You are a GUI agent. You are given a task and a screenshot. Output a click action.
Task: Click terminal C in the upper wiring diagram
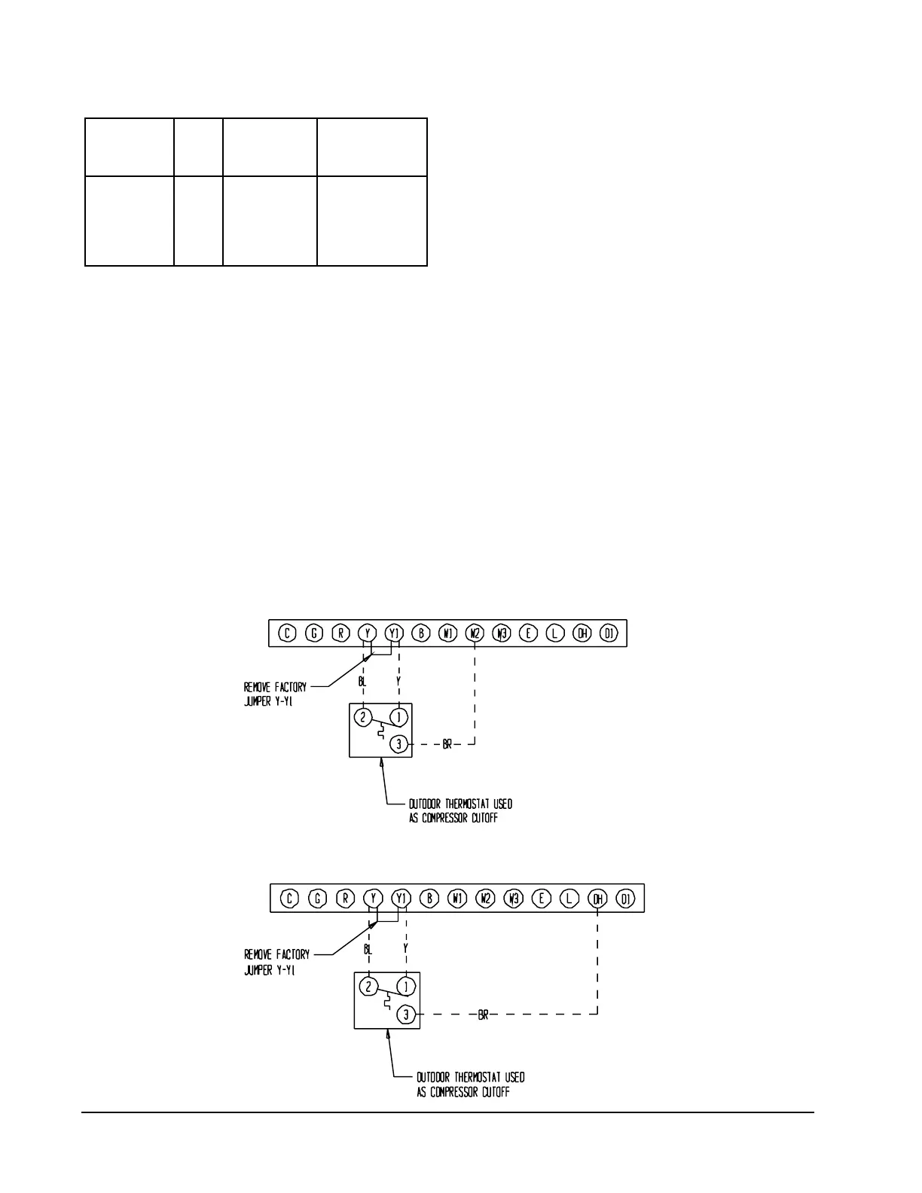[x=288, y=633]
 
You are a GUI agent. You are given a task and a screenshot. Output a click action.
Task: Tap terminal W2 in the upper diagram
[x=475, y=633]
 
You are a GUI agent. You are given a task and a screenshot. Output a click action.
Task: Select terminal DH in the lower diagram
[x=598, y=899]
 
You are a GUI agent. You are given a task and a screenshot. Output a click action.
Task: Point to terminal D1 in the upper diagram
[x=609, y=633]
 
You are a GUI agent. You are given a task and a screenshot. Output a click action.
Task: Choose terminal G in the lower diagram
[x=318, y=899]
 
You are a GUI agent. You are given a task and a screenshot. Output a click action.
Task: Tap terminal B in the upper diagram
[x=422, y=633]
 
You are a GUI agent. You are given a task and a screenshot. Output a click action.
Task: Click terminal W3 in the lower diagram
[x=514, y=899]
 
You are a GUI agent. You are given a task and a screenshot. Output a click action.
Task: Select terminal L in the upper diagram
[x=555, y=633]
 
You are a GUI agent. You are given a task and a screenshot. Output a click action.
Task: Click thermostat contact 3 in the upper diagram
[x=399, y=744]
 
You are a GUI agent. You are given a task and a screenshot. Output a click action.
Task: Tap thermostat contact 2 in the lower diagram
[x=368, y=987]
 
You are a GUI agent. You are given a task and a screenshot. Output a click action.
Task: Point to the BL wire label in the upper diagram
[x=362, y=680]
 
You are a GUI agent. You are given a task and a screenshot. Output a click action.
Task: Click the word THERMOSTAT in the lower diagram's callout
[x=475, y=1078]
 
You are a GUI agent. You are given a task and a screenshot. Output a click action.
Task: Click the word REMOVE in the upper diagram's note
[x=256, y=688]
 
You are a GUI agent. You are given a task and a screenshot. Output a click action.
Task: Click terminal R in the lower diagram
[x=346, y=899]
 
